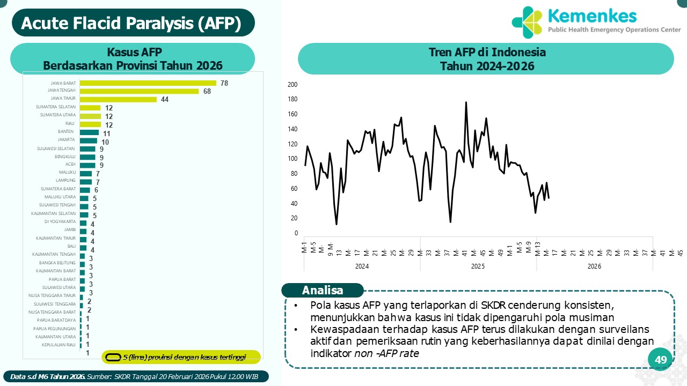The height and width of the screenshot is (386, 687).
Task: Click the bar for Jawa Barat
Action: click(148, 83)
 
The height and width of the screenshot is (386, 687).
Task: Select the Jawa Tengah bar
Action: click(139, 91)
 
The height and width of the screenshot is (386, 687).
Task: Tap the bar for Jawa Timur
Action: click(118, 99)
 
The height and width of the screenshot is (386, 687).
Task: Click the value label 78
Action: click(224, 83)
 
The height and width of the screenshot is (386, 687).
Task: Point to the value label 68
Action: click(207, 91)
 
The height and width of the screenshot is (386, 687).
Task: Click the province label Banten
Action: click(66, 131)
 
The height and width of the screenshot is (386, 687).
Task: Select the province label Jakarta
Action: click(67, 139)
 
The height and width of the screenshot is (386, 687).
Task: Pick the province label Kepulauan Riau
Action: click(59, 345)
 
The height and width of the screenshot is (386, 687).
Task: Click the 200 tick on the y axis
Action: click(293, 85)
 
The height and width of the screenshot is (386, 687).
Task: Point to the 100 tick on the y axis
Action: click(293, 159)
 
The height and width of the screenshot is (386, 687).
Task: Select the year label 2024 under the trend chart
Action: click(362, 266)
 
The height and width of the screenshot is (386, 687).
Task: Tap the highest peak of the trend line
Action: click(466, 102)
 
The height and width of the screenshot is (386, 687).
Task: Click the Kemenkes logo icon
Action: click(527, 22)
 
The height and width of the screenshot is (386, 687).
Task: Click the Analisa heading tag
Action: click(323, 291)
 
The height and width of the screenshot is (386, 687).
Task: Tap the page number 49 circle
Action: click(661, 360)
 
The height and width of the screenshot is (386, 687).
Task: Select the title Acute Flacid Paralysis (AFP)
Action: click(131, 23)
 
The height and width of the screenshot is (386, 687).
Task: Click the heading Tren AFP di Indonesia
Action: click(487, 53)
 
